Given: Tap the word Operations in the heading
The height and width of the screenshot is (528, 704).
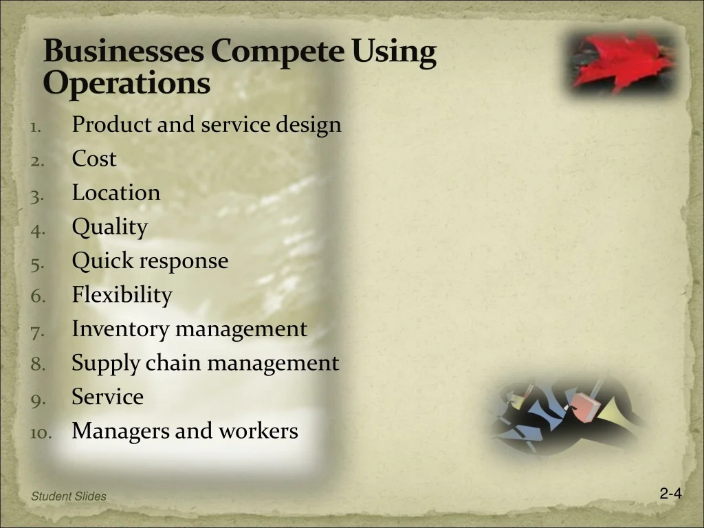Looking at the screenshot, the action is pyautogui.click(x=126, y=83).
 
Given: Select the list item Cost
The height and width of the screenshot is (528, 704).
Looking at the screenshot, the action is pyautogui.click(x=93, y=158).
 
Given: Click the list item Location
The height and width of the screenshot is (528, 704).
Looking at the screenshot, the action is pyautogui.click(x=115, y=192).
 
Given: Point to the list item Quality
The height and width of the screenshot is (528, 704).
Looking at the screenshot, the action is pyautogui.click(x=109, y=227).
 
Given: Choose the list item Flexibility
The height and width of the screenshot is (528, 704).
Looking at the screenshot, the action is pyautogui.click(x=122, y=296).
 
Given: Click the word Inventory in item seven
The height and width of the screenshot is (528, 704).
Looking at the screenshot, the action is pyautogui.click(x=121, y=329).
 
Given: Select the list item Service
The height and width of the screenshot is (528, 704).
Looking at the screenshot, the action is pyautogui.click(x=108, y=397).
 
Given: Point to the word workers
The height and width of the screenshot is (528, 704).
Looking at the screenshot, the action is pyautogui.click(x=258, y=430).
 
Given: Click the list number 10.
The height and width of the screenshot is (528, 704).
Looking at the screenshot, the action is pyautogui.click(x=41, y=433).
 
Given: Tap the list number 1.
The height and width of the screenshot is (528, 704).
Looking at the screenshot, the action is pyautogui.click(x=36, y=127).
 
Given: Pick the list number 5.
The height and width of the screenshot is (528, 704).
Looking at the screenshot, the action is pyautogui.click(x=37, y=264).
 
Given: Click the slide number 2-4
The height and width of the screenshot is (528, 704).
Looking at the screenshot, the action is pyautogui.click(x=671, y=494).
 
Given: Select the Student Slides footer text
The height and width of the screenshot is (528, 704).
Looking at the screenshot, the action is pyautogui.click(x=69, y=496).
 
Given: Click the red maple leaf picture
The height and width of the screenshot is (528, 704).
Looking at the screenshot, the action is pyautogui.click(x=621, y=63).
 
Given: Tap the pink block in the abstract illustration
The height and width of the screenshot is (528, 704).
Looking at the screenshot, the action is pyautogui.click(x=586, y=407).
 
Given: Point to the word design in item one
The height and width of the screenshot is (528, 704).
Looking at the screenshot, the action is pyautogui.click(x=309, y=124).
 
